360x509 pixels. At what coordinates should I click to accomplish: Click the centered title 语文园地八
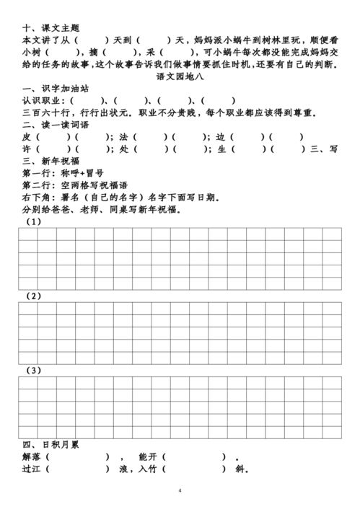click(x=180, y=76)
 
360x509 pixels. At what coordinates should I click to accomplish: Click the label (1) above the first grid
click(x=32, y=221)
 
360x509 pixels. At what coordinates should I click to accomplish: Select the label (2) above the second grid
click(x=32, y=296)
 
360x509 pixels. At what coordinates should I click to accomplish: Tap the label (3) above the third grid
click(x=32, y=371)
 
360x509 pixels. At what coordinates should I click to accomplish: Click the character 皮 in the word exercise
click(x=25, y=137)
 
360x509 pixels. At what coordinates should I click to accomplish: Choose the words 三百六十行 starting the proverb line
click(x=46, y=112)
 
